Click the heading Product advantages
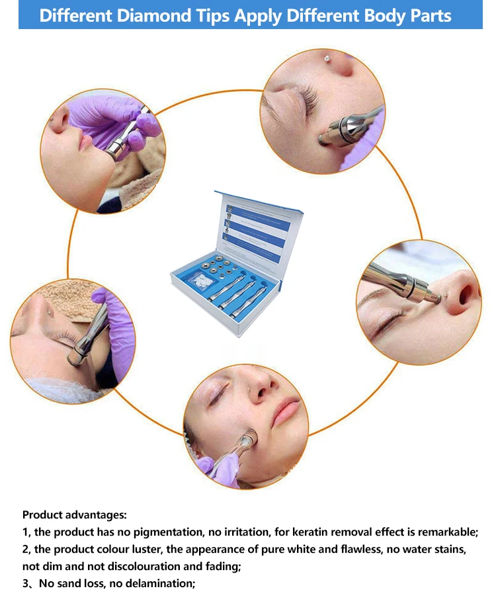pos(74,514)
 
